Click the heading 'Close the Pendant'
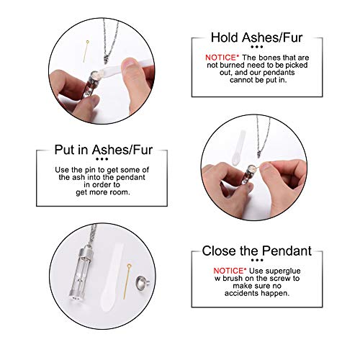point(256,251)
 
